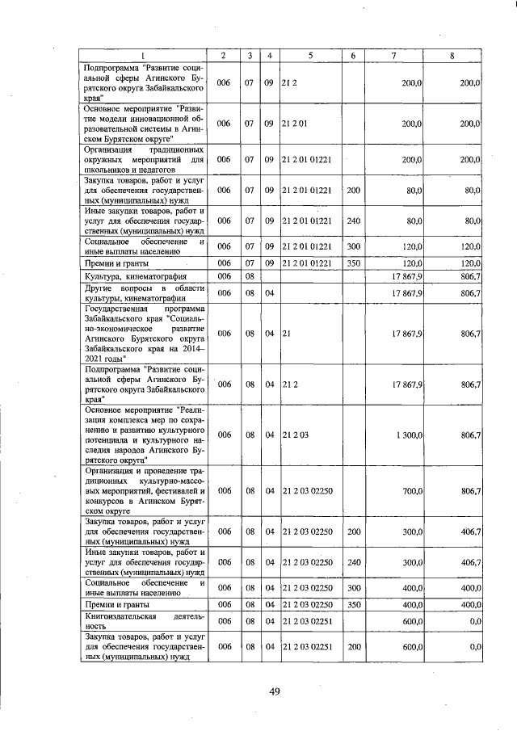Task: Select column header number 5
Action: click(310, 55)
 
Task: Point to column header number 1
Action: click(143, 55)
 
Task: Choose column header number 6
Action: click(353, 55)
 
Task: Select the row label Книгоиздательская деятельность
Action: click(144, 620)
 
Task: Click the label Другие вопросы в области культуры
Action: click(144, 293)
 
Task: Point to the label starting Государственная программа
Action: click(144, 333)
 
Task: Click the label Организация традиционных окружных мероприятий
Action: click(144, 160)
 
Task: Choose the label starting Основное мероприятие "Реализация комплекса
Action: click(144, 435)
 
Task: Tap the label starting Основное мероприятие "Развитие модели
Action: click(144, 124)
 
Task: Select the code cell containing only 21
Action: click(287, 333)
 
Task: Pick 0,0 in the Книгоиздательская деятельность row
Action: click(474, 620)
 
